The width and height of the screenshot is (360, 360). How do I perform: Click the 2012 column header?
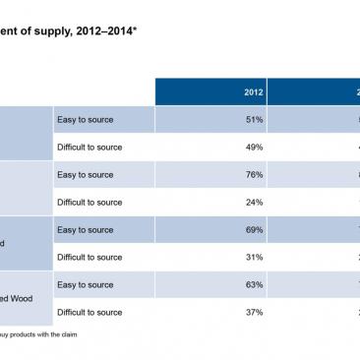tap(253, 91)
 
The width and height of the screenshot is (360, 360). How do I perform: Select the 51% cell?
tap(253, 120)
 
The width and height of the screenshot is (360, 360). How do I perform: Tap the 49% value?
tap(253, 148)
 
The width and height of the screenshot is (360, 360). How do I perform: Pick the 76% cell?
tap(253, 175)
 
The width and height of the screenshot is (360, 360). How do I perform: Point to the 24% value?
tap(253, 203)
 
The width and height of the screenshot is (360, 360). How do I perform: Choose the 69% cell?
tap(253, 230)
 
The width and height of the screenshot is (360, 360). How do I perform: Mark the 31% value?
tap(253, 258)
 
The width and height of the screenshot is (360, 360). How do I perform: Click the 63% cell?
tap(253, 285)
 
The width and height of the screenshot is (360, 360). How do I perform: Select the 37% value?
tap(253, 312)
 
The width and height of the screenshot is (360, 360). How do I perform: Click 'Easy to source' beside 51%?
tap(87, 120)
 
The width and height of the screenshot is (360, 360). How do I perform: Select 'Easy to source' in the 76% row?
tap(87, 175)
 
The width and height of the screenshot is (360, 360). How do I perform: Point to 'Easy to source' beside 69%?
tap(87, 230)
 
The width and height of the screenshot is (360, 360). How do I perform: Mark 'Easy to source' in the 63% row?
tap(87, 285)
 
